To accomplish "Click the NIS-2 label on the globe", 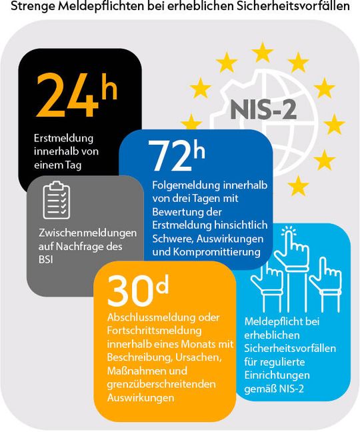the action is click(263, 109).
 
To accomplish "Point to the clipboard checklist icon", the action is click(57, 201).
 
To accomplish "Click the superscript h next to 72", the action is click(198, 151).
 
